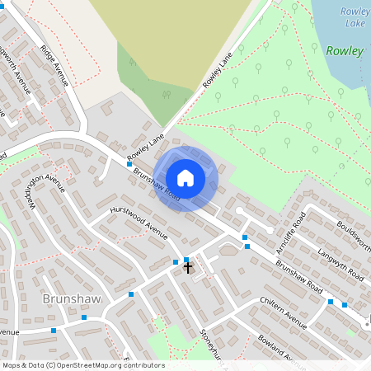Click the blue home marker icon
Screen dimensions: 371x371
tap(185, 178)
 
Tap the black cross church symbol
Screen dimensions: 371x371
tap(188, 267)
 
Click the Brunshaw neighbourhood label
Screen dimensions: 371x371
tap(71, 298)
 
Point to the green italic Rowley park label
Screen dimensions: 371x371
tap(345, 50)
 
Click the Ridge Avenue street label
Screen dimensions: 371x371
tap(55, 65)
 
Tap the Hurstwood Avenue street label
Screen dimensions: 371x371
tap(139, 218)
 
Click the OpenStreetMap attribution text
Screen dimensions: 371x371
tap(83, 365)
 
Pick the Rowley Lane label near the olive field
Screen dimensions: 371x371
tap(219, 73)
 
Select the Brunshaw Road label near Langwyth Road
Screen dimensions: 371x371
tap(298, 279)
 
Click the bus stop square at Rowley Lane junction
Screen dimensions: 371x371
tap(129, 164)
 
